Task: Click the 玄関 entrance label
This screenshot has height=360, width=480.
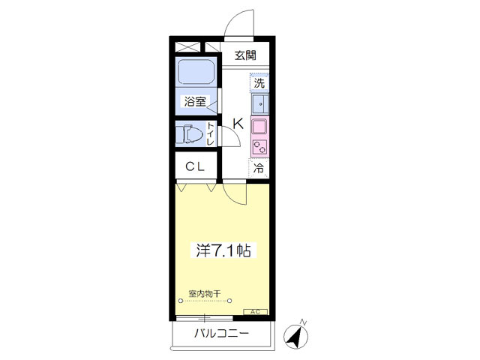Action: tap(245, 55)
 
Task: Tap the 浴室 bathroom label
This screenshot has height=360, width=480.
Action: tap(195, 101)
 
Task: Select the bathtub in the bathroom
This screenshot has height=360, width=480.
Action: tap(196, 72)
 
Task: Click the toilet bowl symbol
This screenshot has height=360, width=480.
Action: tap(193, 134)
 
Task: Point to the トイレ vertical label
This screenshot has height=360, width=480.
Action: tap(210, 133)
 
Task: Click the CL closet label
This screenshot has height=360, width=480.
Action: tap(195, 166)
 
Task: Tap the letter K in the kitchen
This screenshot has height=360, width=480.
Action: tap(238, 124)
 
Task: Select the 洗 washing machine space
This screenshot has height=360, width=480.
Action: tap(259, 82)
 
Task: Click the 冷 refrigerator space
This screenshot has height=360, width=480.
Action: tap(259, 168)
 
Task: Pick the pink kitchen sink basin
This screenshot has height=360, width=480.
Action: tap(259, 127)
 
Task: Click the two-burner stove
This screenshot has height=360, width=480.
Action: tap(260, 146)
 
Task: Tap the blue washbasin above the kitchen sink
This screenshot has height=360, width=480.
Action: tap(260, 103)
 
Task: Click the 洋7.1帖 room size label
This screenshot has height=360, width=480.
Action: tap(223, 250)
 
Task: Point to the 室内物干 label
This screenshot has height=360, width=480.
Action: tap(205, 294)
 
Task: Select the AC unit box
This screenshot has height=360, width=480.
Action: tap(255, 312)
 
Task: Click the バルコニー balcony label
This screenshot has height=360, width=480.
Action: tap(222, 333)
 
